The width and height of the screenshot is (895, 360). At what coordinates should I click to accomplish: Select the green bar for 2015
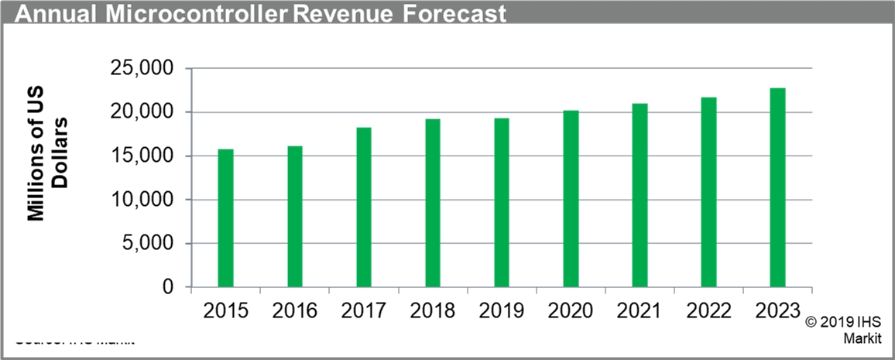(225, 218)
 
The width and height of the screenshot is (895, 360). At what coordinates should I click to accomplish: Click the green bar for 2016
(295, 216)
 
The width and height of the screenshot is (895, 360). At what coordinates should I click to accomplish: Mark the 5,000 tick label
(147, 244)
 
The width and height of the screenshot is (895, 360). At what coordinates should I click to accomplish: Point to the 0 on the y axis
(167, 287)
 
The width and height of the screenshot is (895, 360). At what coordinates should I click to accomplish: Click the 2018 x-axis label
(433, 311)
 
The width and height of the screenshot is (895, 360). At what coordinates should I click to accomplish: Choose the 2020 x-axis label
(571, 311)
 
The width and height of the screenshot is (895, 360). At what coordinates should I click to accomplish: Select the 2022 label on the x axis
(708, 311)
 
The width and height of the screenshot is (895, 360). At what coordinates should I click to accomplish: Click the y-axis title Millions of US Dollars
(48, 170)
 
